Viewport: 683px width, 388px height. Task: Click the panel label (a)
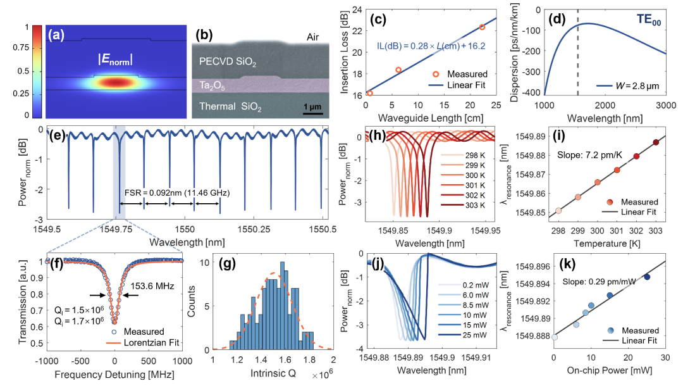coord(59,35)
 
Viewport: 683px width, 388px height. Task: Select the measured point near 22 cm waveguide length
coord(482,27)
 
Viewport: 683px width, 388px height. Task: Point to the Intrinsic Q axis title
coord(274,373)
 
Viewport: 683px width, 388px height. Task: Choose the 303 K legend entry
coord(473,205)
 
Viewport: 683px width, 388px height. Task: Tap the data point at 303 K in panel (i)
coord(656,142)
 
